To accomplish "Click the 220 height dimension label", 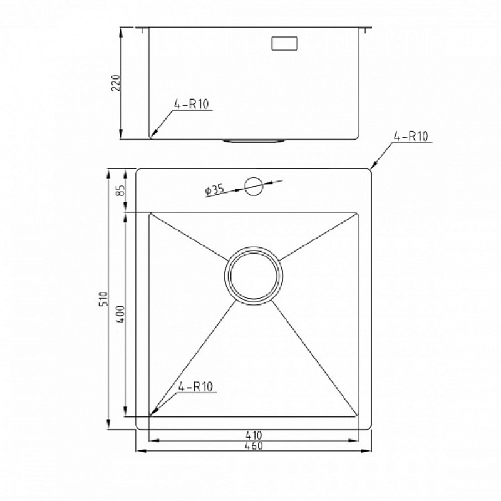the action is coord(116,83).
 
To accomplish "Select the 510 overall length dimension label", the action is coord(103,299).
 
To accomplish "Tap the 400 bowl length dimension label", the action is coord(120,314).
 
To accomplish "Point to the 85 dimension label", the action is coord(120,191).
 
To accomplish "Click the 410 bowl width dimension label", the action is coord(254,435).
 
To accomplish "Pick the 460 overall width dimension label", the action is coord(254,445).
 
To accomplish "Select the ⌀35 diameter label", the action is coord(214,190).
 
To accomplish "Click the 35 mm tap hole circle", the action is coord(254,186).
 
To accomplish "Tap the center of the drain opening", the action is coord(254,276).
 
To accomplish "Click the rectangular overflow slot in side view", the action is coord(285,43).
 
